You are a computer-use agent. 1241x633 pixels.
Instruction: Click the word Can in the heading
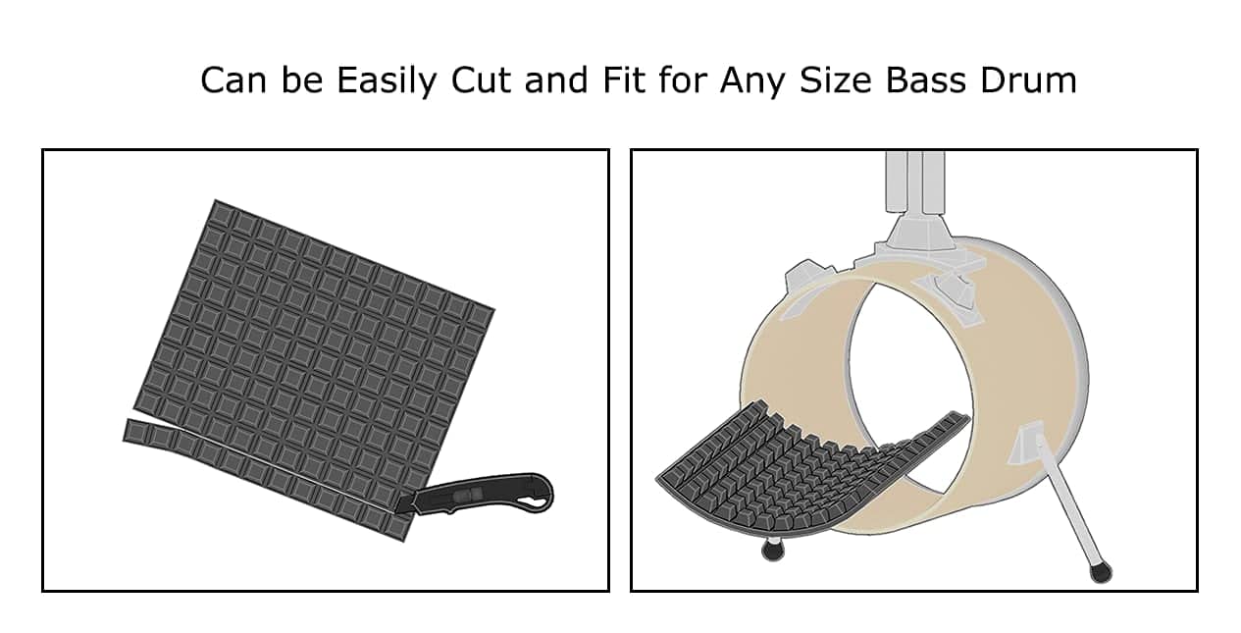(x=230, y=80)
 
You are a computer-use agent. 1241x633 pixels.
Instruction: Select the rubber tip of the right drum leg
(x=1100, y=570)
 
